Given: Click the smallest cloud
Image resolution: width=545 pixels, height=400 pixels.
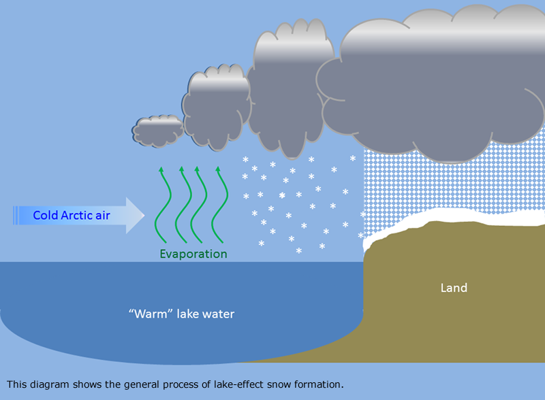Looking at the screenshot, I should [x=158, y=130].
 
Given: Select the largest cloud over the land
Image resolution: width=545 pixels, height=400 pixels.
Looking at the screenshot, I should [x=436, y=82].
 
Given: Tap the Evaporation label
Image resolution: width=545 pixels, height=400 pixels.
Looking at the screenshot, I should [x=193, y=254].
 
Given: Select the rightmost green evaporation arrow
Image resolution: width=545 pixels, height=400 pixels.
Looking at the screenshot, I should [x=217, y=204].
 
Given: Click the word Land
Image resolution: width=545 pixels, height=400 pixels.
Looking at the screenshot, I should [x=454, y=288].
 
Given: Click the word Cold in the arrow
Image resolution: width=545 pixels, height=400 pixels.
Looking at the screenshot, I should [x=46, y=216].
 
